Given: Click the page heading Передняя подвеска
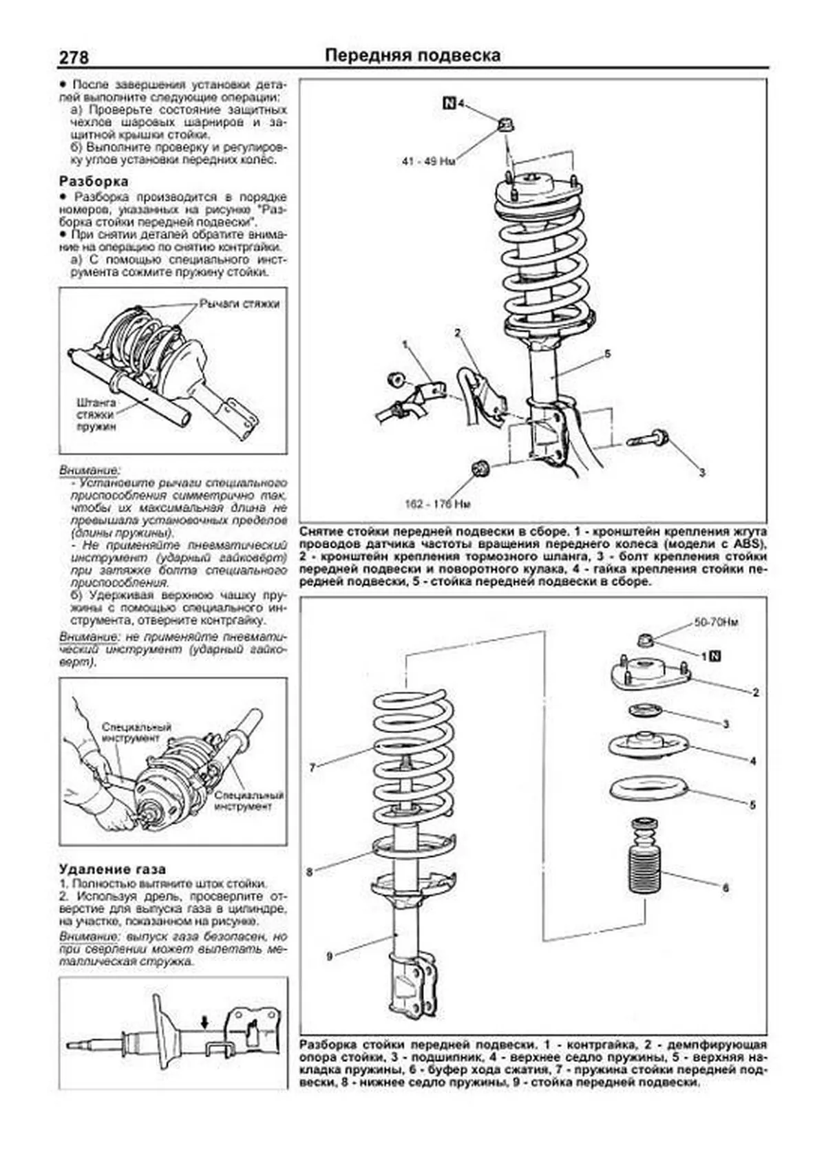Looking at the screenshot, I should (x=412, y=56).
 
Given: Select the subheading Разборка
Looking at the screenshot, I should (x=94, y=181).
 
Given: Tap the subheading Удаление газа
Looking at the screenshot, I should (x=112, y=869).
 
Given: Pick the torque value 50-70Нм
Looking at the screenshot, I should (x=716, y=622).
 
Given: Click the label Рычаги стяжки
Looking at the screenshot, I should (x=239, y=304).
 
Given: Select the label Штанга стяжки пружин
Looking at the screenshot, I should (x=96, y=414).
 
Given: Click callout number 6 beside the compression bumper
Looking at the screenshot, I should (x=725, y=888).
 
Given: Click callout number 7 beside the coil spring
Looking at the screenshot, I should (x=313, y=767).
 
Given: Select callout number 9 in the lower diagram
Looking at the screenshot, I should (x=330, y=955).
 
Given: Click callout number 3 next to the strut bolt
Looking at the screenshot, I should (x=701, y=472).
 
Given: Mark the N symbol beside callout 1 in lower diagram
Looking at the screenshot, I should (x=714, y=656).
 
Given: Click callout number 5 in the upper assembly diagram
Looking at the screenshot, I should (x=607, y=354).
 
